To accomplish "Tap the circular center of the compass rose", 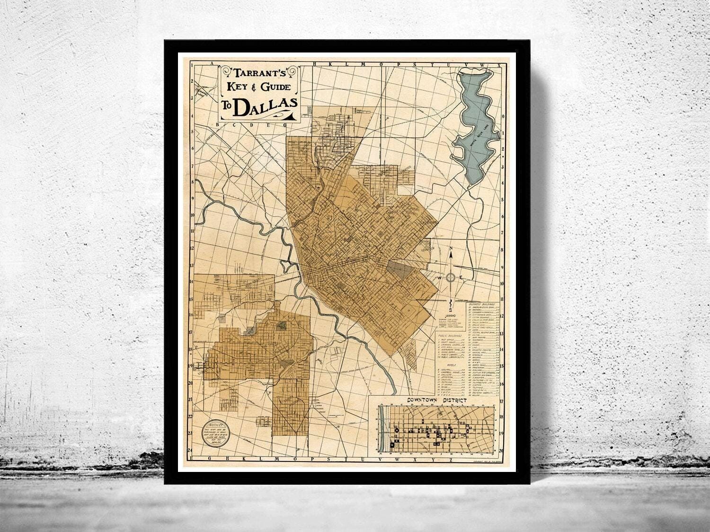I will tap(452, 277).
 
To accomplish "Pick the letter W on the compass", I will tap(439, 277).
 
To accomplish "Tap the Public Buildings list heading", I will tap(450, 335).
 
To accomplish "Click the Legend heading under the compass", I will tap(450, 314).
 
